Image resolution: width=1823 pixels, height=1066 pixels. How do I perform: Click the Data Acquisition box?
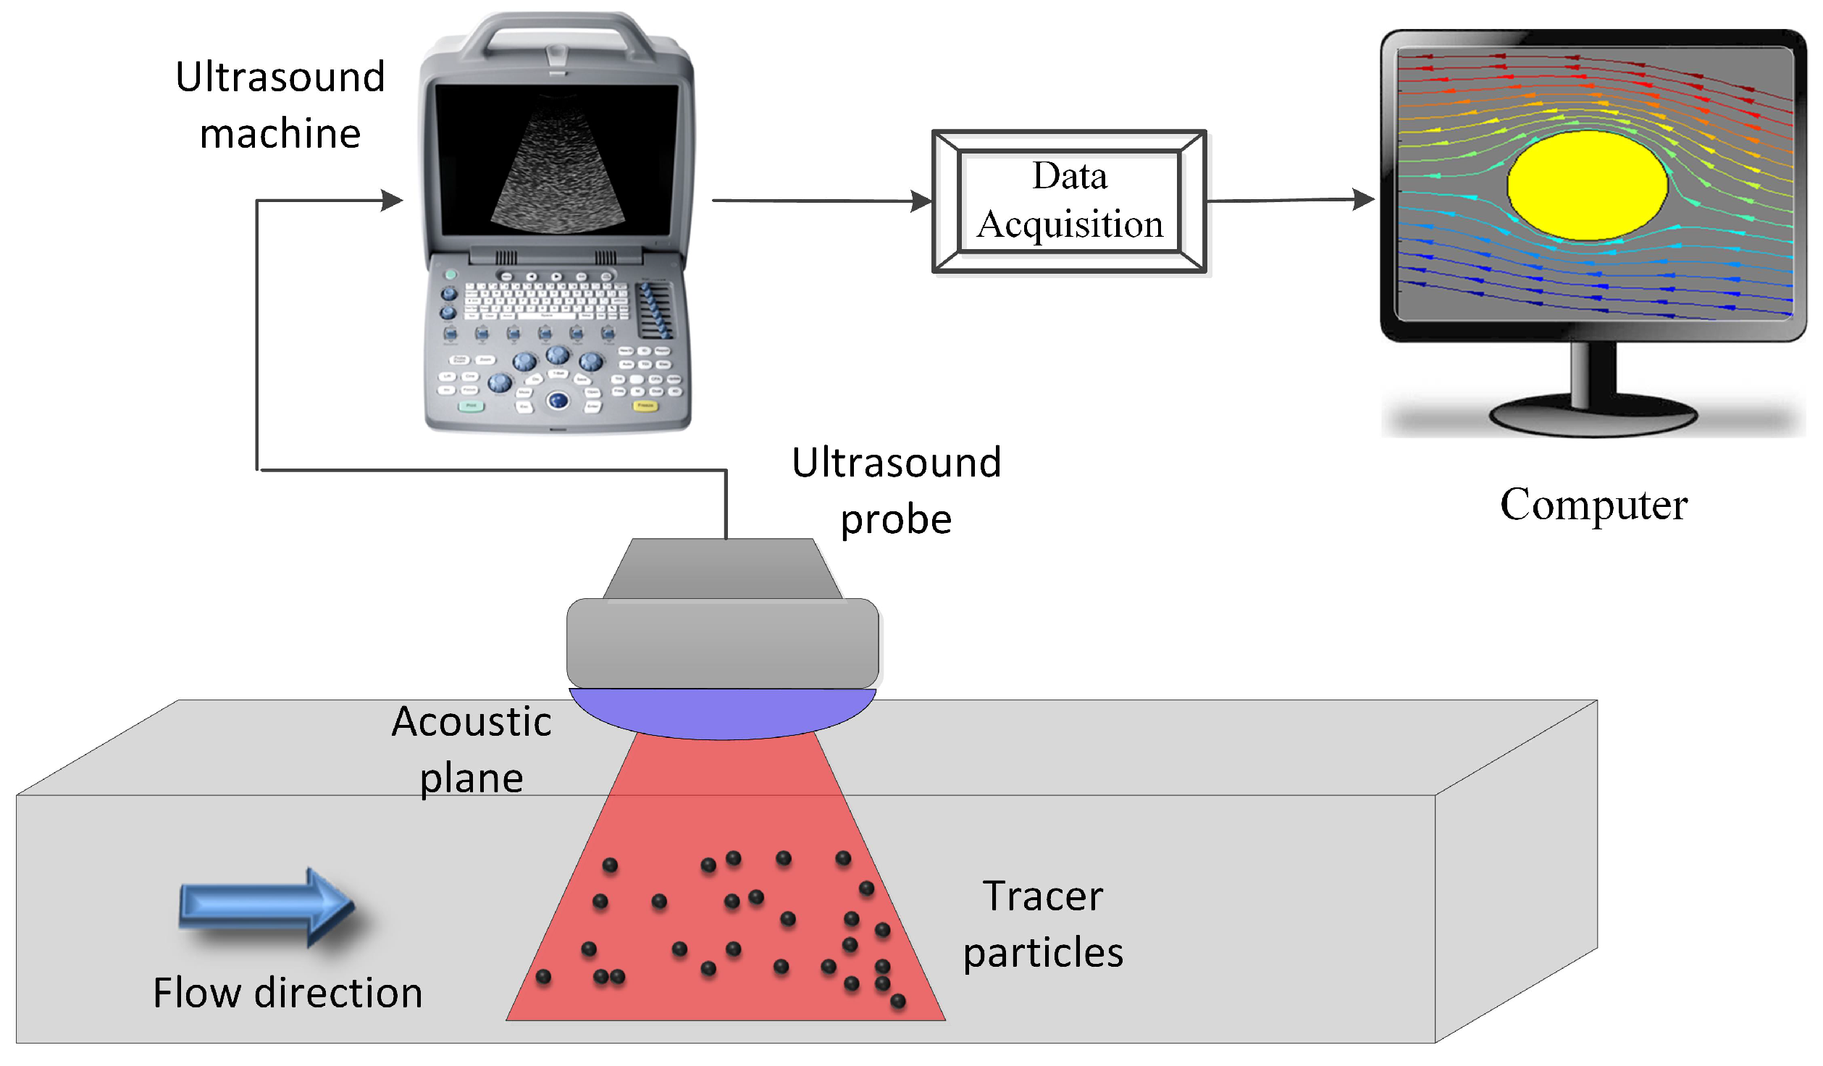1069,201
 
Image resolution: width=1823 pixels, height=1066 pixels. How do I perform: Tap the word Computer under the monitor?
1593,504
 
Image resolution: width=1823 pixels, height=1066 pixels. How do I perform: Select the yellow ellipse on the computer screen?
1586,185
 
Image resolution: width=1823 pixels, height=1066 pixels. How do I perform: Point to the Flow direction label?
288,992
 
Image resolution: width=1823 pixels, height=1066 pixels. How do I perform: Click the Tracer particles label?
1042,924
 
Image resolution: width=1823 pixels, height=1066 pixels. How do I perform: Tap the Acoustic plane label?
472,750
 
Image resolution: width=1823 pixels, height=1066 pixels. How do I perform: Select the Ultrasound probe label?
896,491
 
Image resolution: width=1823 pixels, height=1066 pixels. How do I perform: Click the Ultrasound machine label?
280,105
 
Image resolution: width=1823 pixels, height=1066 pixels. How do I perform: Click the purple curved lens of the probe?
722,713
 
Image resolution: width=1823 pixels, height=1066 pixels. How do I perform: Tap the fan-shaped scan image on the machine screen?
558,174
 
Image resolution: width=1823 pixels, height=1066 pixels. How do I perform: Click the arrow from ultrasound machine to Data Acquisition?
818,201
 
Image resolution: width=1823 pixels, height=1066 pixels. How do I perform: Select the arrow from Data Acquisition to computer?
1289,200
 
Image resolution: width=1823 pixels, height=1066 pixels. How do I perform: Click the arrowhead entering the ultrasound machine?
391,201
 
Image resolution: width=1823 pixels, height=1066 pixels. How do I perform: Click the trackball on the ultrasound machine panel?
558,399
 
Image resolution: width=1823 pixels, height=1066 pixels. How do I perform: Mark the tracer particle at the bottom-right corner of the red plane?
897,1001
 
